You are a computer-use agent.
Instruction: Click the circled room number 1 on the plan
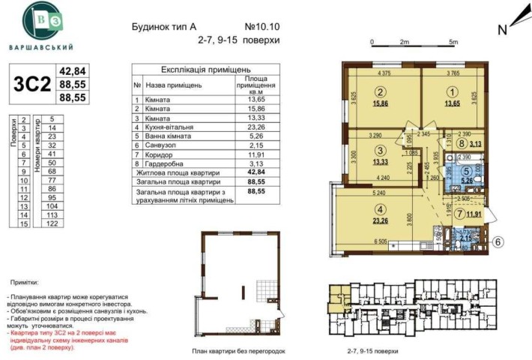[451, 93]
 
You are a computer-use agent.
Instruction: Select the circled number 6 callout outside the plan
[497, 241]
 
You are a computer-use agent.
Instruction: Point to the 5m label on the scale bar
[453, 42]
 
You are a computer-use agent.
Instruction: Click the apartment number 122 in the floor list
[52, 223]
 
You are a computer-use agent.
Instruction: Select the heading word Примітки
[25, 283]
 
